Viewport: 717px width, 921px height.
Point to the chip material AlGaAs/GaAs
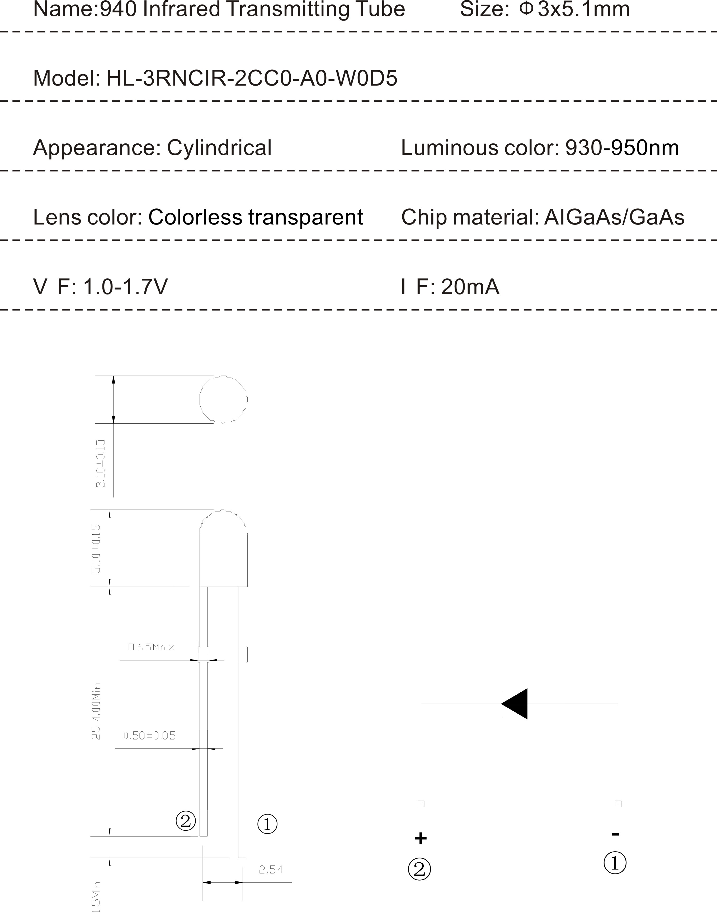coord(614,217)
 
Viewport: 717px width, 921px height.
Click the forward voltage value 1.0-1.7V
coord(125,287)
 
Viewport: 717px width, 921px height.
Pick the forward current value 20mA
coord(470,287)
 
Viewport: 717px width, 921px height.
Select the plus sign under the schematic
coord(420,838)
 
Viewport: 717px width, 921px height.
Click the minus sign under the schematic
coord(615,834)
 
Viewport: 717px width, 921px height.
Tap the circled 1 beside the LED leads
coord(267,824)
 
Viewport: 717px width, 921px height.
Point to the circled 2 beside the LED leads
coord(186,821)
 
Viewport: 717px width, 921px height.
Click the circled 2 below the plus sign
coord(419,869)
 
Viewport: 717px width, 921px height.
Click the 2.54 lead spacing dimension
coord(271,869)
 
